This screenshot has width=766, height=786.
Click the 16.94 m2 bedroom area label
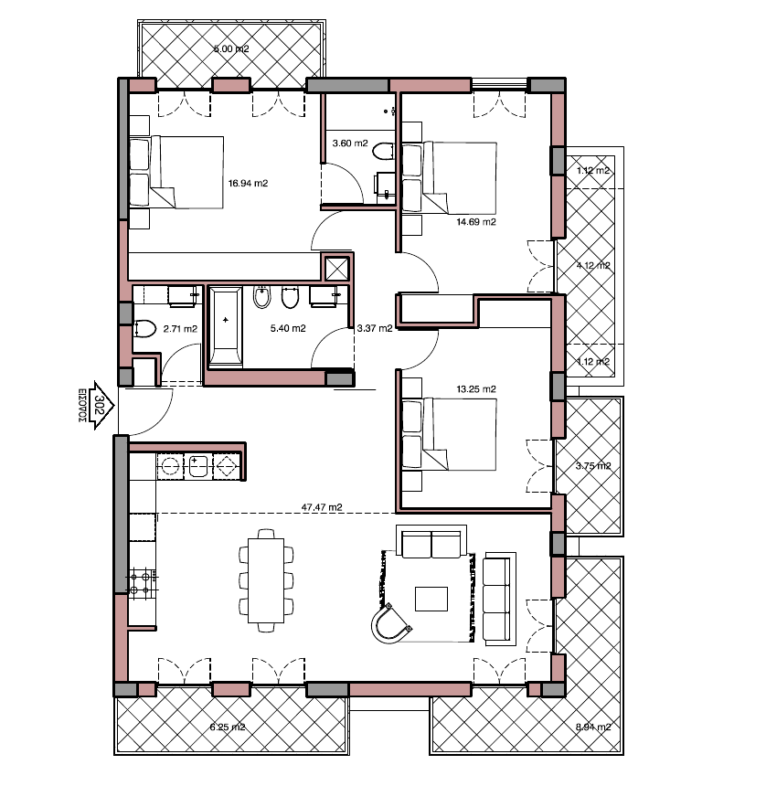click(x=248, y=183)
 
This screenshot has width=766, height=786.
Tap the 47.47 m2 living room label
click(x=322, y=506)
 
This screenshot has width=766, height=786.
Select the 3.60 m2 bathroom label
click(x=350, y=143)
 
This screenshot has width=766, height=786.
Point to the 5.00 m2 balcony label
click(x=231, y=48)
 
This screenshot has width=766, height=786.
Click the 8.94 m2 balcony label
click(x=592, y=728)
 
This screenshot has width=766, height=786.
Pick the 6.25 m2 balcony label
click(x=228, y=728)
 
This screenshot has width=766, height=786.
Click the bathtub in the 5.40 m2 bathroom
click(x=226, y=326)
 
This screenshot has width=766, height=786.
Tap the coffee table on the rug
click(x=431, y=599)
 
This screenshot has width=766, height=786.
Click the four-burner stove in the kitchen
click(x=142, y=582)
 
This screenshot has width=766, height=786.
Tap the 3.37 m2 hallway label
click(x=375, y=328)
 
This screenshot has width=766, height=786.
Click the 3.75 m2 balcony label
click(x=592, y=465)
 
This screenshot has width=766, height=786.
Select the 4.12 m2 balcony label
click(x=592, y=266)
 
